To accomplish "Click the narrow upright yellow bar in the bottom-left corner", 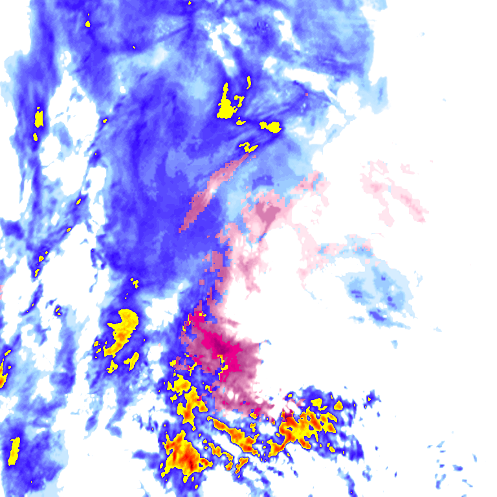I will [14, 450].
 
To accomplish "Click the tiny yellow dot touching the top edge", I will [190, 3].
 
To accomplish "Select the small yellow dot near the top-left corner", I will [88, 24].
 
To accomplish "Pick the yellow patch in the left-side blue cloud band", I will [39, 118].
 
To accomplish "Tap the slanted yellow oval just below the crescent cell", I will [132, 360].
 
